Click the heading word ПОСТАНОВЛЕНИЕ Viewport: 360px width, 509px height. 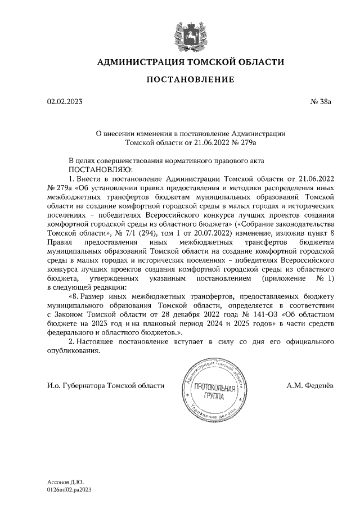190,80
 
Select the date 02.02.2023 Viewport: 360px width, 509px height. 64,102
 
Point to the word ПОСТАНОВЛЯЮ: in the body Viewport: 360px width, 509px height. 100,169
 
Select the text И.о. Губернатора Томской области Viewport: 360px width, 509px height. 106,386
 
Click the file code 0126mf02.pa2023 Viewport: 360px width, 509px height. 69,490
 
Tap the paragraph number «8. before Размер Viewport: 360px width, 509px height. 74,296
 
